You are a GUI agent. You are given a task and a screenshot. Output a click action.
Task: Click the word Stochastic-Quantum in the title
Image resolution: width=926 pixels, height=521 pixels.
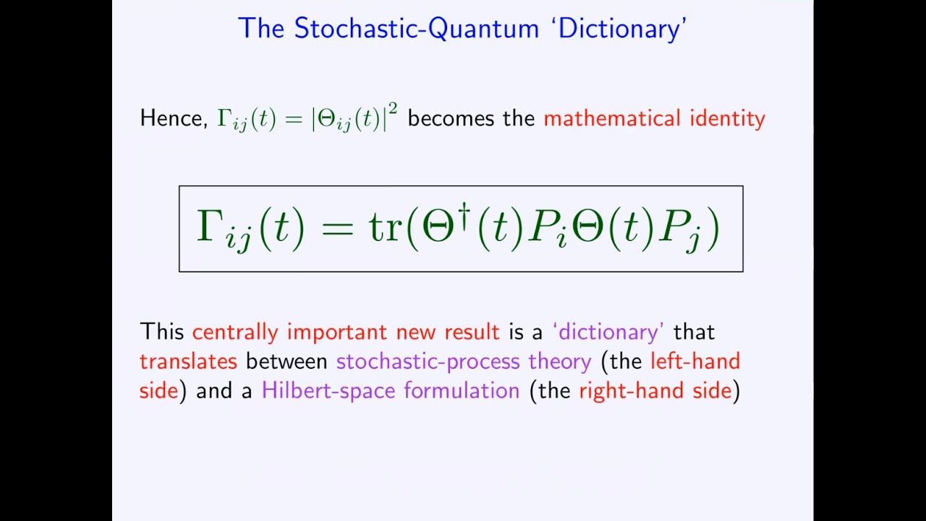coord(417,29)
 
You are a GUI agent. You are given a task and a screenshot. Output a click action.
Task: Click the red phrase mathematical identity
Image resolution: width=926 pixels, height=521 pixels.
coord(654,119)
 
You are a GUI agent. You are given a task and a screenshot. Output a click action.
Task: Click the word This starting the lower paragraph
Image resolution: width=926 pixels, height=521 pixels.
coord(163,332)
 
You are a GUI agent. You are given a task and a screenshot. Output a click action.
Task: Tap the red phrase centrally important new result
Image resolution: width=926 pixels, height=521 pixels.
coord(346,332)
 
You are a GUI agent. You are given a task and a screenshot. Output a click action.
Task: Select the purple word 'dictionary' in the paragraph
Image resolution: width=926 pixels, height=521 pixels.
coord(608,332)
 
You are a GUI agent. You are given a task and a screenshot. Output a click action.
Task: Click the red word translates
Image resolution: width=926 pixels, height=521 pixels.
coord(188,361)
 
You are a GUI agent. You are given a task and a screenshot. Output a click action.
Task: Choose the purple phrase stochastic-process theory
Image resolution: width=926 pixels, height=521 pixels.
coord(464,361)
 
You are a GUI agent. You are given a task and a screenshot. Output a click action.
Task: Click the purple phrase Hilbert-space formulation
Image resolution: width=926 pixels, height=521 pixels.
coord(391,391)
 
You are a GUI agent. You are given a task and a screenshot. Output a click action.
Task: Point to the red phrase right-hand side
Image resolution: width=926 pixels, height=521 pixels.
coord(655,391)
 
